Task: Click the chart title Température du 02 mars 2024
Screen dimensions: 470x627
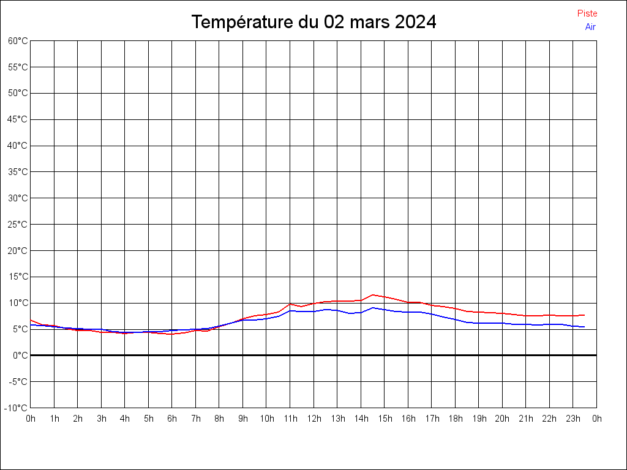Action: pos(313,22)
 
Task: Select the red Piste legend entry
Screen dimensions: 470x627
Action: pos(587,13)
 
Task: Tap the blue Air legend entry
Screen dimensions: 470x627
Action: pos(590,26)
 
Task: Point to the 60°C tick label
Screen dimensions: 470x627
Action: pos(18,41)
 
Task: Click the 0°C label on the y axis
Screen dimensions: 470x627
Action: pos(21,356)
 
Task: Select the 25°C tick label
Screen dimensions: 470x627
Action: pos(18,225)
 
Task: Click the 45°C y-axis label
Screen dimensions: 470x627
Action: pos(18,119)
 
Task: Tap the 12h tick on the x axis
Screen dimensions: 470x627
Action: pos(314,419)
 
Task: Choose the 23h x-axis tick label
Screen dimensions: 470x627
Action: pos(573,419)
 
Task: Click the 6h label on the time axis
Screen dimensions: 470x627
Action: pos(172,419)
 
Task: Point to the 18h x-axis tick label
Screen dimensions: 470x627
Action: pos(456,419)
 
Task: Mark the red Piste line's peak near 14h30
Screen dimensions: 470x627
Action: pos(373,295)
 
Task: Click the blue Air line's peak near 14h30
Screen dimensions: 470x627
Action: pos(373,307)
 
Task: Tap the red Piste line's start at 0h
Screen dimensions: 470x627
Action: pos(31,320)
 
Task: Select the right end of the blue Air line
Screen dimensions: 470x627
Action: pos(585,327)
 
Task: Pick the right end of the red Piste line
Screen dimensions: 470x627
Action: pos(585,315)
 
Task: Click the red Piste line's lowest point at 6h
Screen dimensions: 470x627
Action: pos(172,334)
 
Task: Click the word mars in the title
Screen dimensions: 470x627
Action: pos(370,22)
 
